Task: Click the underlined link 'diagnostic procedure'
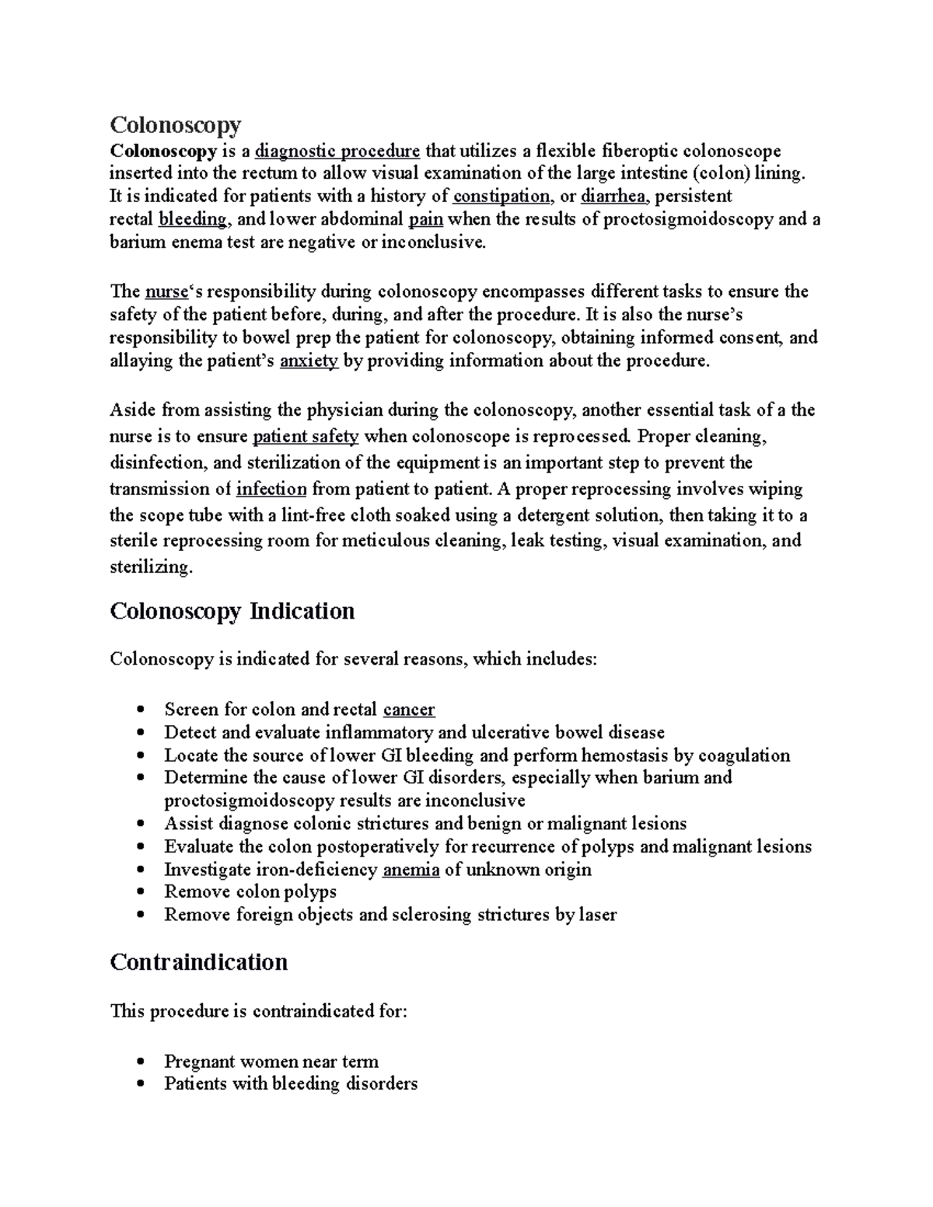pos(337,151)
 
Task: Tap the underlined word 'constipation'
pos(501,197)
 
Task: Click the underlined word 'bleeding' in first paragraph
pos(192,219)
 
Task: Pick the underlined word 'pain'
pos(425,219)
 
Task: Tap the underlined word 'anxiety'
pos(309,361)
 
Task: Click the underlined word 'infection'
pos(271,490)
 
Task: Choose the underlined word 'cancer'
pos(409,710)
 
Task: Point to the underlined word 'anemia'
pos(411,870)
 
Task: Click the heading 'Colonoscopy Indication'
pos(232,612)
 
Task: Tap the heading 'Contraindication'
pos(198,963)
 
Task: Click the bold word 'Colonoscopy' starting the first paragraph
pos(162,151)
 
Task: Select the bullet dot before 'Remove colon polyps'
pos(140,893)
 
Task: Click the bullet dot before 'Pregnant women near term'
pos(140,1062)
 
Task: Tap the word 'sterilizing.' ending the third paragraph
pos(150,567)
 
